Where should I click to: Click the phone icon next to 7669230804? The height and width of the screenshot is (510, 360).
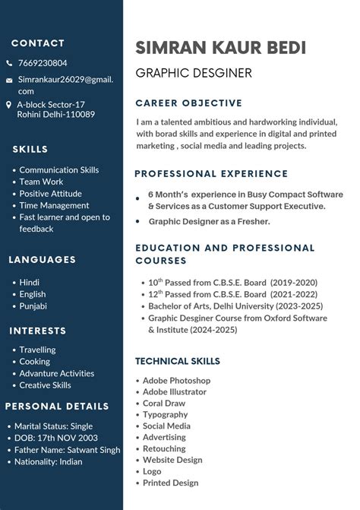point(9,63)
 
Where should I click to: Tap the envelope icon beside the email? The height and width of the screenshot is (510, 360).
point(9,80)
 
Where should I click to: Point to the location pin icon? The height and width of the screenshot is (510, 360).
point(9,105)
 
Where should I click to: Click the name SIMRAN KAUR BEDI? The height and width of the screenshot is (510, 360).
point(220,48)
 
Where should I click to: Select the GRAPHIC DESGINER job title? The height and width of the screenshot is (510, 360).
point(193,73)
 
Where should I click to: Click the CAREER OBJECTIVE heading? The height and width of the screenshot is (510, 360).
point(188,103)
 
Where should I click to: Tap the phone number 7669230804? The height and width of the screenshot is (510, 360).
point(43,63)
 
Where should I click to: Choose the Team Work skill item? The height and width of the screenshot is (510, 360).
point(41,182)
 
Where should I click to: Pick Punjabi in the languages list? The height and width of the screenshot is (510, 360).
point(33,306)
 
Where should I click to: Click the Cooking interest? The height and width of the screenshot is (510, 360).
point(34,362)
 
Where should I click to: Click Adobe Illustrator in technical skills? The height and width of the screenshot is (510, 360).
point(174,391)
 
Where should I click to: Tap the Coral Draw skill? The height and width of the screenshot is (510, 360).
point(164,403)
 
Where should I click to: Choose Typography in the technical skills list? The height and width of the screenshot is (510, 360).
point(165,414)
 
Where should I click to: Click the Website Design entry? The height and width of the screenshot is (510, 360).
point(172,460)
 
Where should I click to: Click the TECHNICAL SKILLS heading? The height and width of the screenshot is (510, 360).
point(177,361)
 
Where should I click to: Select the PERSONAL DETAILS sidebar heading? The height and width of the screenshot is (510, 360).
point(57,407)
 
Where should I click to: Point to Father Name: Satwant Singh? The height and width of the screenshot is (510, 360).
point(67,450)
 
